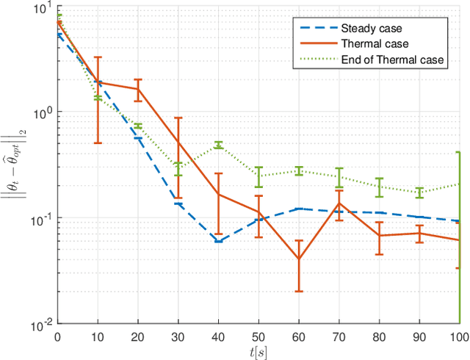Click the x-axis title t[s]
point(258,350)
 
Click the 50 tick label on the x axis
point(258,336)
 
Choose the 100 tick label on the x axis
point(458,336)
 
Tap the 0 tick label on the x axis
point(58,336)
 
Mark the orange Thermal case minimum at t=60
point(299,259)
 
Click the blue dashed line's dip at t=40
point(219,241)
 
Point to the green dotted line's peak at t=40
point(219,145)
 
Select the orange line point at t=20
point(138,89)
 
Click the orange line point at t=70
point(339,203)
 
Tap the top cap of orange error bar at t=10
point(98,57)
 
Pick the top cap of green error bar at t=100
point(459,152)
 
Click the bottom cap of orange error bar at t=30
point(178,198)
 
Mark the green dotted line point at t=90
point(419,192)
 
